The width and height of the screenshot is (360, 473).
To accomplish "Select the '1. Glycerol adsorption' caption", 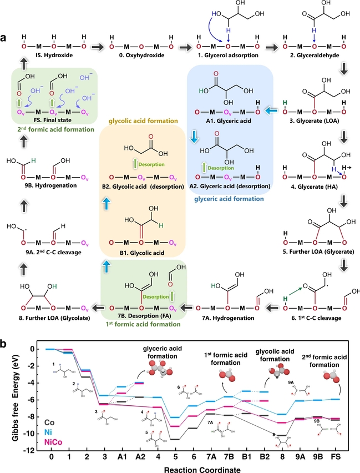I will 231,56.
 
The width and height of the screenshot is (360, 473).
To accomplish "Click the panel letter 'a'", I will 4,38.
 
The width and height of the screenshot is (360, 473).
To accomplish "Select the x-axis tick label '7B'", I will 228,458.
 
